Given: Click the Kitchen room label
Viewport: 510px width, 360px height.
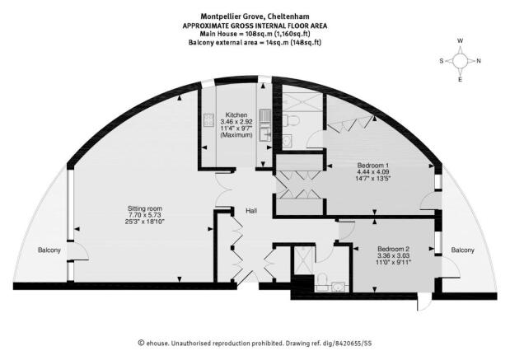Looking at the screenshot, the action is tap(236, 115).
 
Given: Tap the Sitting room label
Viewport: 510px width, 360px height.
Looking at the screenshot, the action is tap(145, 208).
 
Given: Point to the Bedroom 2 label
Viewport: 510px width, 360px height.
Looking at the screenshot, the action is tap(394, 249).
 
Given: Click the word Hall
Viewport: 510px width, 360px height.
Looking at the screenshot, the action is tap(251, 211).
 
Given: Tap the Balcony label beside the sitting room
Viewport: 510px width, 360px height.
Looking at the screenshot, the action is tap(49, 250).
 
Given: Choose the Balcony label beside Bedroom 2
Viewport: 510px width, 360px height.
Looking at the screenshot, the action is tap(462, 250).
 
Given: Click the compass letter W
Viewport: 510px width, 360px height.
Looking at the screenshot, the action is tap(461, 41).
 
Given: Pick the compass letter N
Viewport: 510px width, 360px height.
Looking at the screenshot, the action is tap(479, 60).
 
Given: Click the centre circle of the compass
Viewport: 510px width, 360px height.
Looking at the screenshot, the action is tap(460, 60).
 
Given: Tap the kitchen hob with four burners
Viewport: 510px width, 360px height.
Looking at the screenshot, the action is tap(208, 120).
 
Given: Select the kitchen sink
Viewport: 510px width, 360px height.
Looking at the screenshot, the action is tap(264, 134).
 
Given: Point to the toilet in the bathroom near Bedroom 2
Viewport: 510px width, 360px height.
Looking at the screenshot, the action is tap(323, 279).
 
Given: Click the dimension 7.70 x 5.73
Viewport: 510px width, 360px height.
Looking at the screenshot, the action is tap(145, 215).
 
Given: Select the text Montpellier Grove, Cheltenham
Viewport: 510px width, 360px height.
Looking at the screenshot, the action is tap(255, 16).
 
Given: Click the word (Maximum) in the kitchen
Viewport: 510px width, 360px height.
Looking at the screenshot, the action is tap(236, 135).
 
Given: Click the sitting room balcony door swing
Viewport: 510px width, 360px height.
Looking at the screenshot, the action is tap(79, 251).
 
